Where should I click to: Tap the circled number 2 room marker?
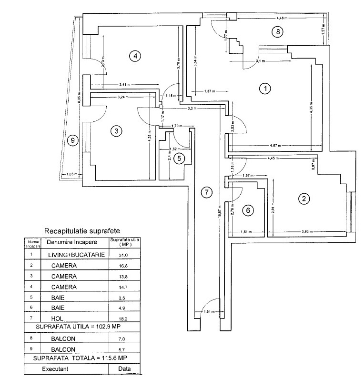tap(303, 199)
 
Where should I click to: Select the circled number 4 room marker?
tap(135, 56)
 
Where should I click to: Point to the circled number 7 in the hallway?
tap(206, 192)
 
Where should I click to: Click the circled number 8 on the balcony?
tap(277, 32)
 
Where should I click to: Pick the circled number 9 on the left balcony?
tap(72, 140)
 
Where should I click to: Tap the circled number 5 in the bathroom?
tap(178, 158)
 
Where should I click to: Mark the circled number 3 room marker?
tap(114, 131)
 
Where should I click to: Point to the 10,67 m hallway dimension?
tap(219, 209)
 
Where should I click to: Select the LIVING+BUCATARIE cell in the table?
tap(76, 255)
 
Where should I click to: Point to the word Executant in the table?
tap(56, 369)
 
